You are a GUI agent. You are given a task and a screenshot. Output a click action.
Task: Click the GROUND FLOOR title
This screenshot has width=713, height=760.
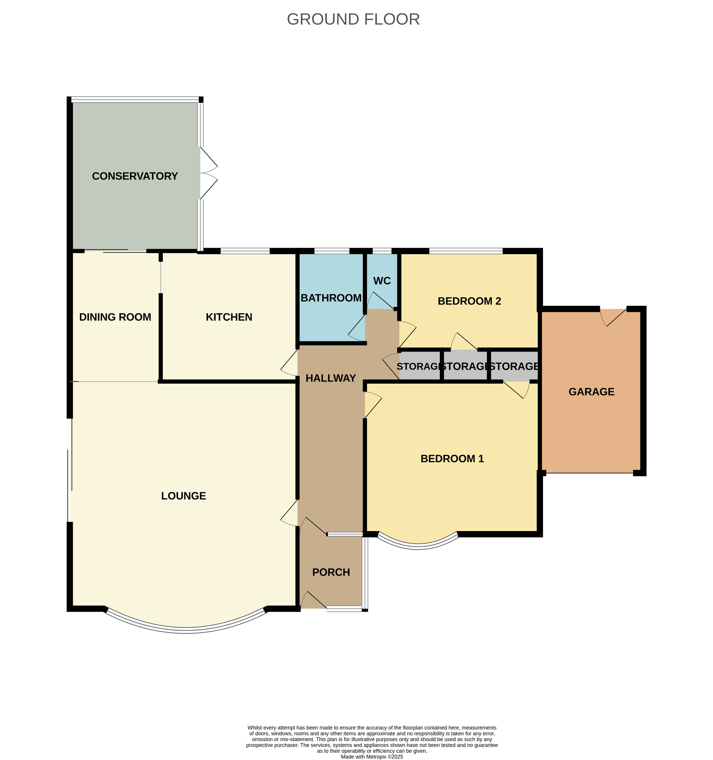coord(353,19)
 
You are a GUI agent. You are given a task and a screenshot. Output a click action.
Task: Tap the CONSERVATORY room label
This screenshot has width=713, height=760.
coord(135,176)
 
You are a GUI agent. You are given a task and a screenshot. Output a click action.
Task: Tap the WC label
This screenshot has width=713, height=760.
coord(382,281)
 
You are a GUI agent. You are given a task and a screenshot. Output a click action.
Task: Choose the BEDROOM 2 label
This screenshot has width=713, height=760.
coord(469,301)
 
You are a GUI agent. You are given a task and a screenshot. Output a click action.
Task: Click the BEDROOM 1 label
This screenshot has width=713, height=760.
coord(452,459)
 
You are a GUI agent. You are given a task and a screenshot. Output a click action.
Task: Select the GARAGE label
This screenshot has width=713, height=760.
coord(591,392)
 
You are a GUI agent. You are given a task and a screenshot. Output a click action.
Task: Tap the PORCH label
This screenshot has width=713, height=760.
coord(331,572)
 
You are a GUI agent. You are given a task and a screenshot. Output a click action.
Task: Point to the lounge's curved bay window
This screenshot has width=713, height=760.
coord(186,631)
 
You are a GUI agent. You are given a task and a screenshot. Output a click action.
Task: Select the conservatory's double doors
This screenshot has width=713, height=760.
coord(209,173)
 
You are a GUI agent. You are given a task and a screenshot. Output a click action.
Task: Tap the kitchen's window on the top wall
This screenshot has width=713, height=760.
coord(245,251)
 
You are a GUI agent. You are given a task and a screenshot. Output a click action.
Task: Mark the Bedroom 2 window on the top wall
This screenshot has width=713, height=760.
coord(466,251)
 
